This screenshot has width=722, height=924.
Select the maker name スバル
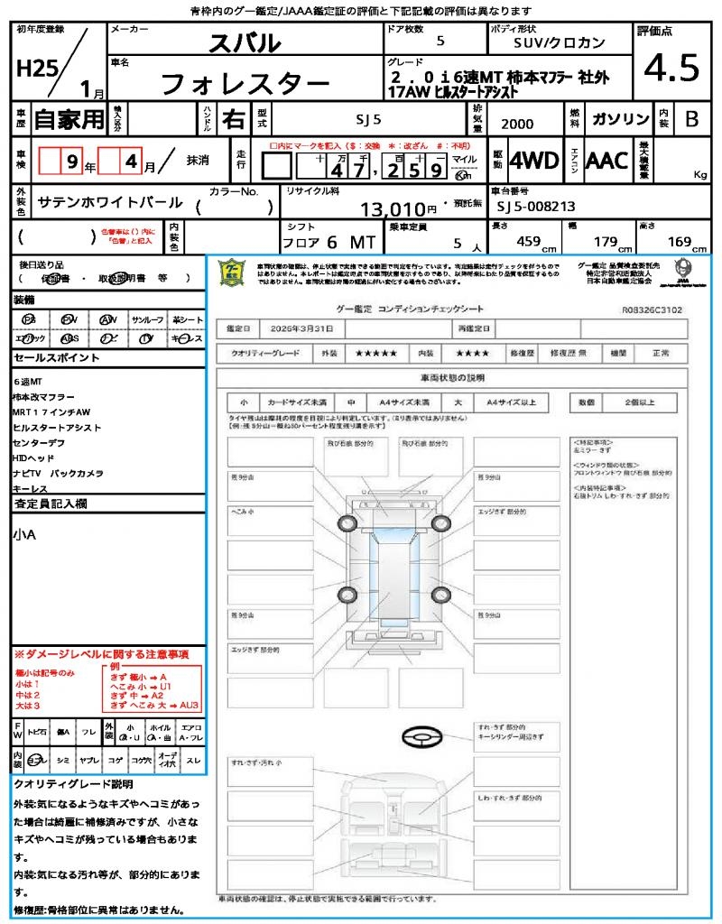pyautogui.click(x=245, y=42)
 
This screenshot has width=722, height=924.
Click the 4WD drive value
pyautogui.click(x=534, y=161)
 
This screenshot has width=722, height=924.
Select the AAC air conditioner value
pyautogui.click(x=606, y=161)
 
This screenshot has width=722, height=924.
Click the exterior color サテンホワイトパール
pyautogui.click(x=110, y=203)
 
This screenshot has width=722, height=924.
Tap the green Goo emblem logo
pyautogui.click(x=232, y=273)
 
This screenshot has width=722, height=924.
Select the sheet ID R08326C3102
pyautogui.click(x=652, y=309)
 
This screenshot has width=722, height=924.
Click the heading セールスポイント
pyautogui.click(x=56, y=358)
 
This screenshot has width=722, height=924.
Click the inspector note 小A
pyautogui.click(x=24, y=534)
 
